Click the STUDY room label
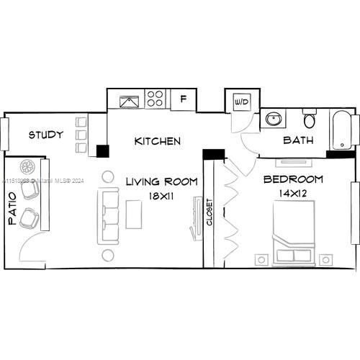[45, 135]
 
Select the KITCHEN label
[157, 141]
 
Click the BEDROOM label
[292, 179]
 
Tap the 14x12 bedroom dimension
[292, 194]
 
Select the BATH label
[297, 140]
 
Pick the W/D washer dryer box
[240, 102]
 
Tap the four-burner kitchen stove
[155, 99]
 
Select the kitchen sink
[129, 100]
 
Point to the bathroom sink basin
[274, 118]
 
